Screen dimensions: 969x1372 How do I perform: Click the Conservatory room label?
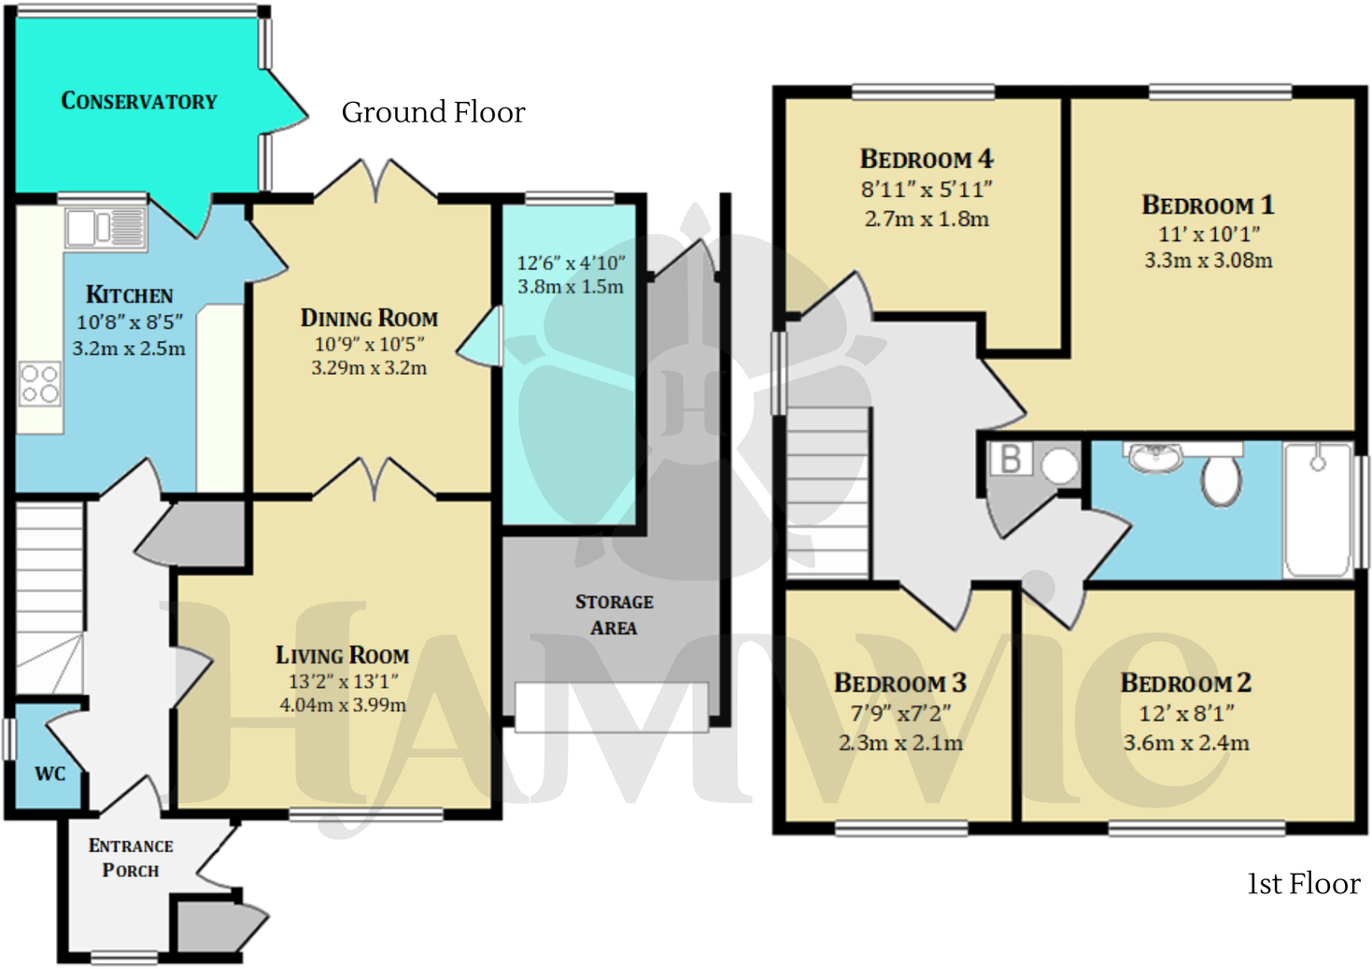pyautogui.click(x=139, y=101)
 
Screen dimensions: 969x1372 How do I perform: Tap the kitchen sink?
pyautogui.click(x=106, y=228)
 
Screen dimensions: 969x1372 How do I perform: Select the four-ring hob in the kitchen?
pyautogui.click(x=40, y=384)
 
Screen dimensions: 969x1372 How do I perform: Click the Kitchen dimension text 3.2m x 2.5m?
pyautogui.click(x=129, y=349)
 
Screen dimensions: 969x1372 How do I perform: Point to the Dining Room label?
pyautogui.click(x=369, y=319)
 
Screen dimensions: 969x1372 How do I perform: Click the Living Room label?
pyautogui.click(x=342, y=656)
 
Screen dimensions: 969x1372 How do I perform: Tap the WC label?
pyautogui.click(x=50, y=774)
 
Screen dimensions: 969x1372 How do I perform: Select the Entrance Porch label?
pyautogui.click(x=131, y=858)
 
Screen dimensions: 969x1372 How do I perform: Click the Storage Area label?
pyautogui.click(x=614, y=615)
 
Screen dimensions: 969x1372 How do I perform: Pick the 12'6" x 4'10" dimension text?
pyautogui.click(x=571, y=264)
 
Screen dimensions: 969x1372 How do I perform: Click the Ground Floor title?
pyautogui.click(x=433, y=112)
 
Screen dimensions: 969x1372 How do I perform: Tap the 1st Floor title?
pyautogui.click(x=1303, y=884)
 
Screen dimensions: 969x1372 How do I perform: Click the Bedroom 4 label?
pyautogui.click(x=926, y=159)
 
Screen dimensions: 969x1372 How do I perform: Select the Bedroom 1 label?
pyautogui.click(x=1208, y=205)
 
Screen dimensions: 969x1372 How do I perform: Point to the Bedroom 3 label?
pyautogui.click(x=899, y=683)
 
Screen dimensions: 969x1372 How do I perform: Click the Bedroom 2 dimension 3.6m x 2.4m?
pyautogui.click(x=1186, y=743)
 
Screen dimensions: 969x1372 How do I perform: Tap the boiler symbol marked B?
pyautogui.click(x=1011, y=460)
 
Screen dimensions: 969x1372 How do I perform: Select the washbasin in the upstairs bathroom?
pyautogui.click(x=1155, y=457)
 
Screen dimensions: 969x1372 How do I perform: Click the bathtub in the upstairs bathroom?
pyautogui.click(x=1318, y=510)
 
